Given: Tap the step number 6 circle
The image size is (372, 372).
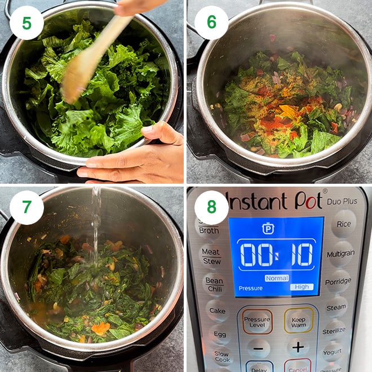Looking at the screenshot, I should (x=211, y=23).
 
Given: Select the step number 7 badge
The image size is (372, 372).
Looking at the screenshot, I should (x=26, y=207).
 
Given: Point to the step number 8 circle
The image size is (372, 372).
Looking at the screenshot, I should (x=211, y=207).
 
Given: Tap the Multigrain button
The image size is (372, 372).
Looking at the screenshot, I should (x=341, y=253).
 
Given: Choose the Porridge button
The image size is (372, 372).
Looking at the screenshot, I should (x=338, y=281).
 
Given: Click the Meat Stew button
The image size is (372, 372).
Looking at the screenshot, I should (x=210, y=256).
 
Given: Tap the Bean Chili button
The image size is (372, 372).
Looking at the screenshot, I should (x=214, y=284).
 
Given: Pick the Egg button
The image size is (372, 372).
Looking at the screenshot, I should (x=219, y=334).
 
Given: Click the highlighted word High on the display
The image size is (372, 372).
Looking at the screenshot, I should (x=302, y=287).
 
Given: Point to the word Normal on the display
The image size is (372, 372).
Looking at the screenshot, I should (x=277, y=278).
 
